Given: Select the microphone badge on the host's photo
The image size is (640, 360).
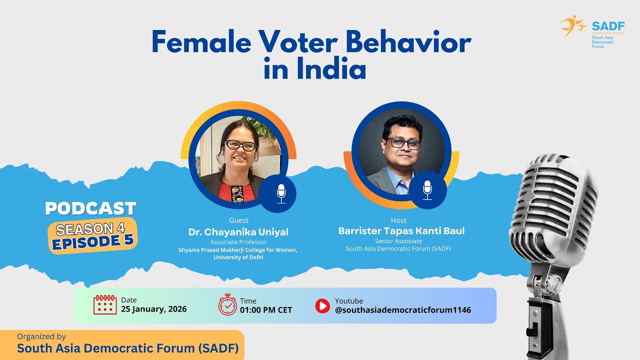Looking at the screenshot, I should (x=427, y=190).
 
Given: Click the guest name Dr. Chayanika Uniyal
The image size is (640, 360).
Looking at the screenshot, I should (x=238, y=232).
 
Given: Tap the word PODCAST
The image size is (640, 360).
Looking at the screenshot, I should (x=90, y=208).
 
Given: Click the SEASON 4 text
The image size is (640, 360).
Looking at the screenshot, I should (x=90, y=228).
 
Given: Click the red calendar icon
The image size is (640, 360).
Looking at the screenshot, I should (x=105, y=304).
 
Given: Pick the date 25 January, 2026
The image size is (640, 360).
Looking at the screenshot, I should (x=154, y=309).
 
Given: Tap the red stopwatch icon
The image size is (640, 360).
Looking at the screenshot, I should (x=227, y=304).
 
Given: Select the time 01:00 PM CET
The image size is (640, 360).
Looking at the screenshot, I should (x=266, y=310).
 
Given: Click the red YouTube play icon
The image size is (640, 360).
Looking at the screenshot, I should (x=322, y=305).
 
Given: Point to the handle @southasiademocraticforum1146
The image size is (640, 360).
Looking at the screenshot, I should (x=402, y=310).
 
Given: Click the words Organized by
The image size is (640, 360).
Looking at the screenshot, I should (x=41, y=336).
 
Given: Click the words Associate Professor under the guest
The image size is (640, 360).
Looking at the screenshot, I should (x=238, y=242).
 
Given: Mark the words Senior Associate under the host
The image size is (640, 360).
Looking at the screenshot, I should (x=398, y=241).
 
